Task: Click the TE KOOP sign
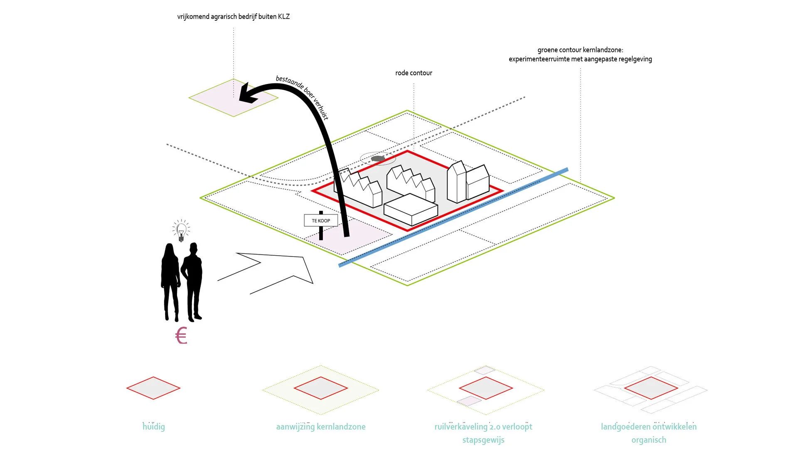(321, 221)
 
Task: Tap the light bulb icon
(181, 231)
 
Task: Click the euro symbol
(181, 336)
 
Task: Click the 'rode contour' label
(414, 73)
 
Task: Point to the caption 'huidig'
(154, 427)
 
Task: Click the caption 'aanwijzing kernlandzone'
(321, 427)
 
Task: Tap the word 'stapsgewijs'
(483, 440)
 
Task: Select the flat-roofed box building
(411, 210)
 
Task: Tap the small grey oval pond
(378, 158)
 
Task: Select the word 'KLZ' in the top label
(284, 17)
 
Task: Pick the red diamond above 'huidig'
(153, 388)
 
